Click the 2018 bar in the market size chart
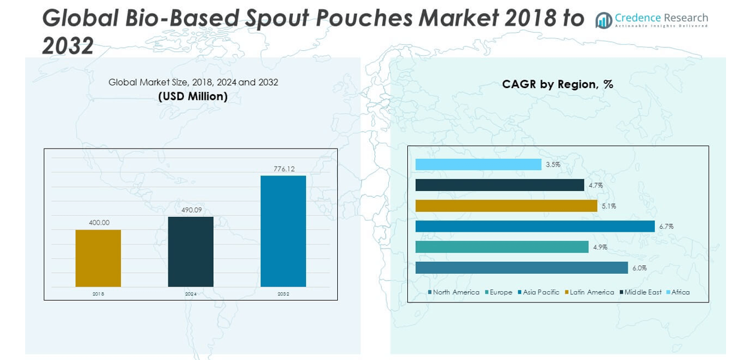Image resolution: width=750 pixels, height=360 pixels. (x=98, y=258)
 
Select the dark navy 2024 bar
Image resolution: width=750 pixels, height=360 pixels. (x=190, y=252)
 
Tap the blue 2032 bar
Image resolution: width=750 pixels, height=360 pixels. (x=283, y=231)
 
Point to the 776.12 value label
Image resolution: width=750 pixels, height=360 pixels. (x=284, y=169)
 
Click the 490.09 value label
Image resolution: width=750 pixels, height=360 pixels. (x=191, y=210)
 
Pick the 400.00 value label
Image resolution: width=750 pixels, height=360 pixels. (x=99, y=223)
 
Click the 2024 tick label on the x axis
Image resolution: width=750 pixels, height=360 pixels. (x=190, y=294)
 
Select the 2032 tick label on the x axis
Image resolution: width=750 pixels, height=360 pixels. (x=283, y=294)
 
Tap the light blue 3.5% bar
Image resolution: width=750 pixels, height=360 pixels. (x=478, y=165)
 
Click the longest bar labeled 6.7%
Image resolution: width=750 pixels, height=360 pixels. (x=534, y=226)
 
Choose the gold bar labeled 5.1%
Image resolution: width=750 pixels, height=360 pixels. (x=506, y=206)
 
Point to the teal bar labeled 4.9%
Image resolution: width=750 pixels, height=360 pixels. (x=502, y=247)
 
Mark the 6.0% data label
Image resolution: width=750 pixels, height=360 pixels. (x=639, y=268)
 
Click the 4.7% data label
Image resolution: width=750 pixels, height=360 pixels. (x=595, y=186)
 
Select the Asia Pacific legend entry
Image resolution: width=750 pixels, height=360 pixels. (x=539, y=292)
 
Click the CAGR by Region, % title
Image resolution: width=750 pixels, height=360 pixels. (x=557, y=84)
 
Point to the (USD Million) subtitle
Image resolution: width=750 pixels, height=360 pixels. (x=193, y=96)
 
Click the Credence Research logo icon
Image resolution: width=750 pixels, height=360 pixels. (x=603, y=20)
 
